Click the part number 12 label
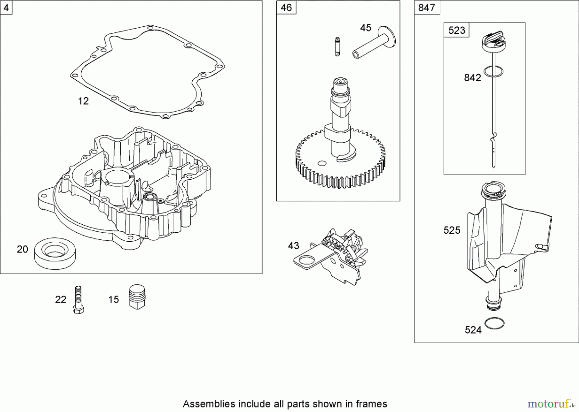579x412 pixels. coord(83,101)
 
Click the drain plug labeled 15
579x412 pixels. coord(137,297)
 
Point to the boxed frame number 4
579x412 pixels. coord(6,7)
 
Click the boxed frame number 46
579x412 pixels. coord(286,7)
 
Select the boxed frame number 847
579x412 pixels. coord(427,7)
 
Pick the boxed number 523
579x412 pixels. coord(456,30)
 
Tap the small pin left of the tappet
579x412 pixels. coord(337,47)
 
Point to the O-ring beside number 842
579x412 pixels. coord(493,72)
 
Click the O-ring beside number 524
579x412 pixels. coord(494,324)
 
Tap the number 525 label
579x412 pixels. coord(452,230)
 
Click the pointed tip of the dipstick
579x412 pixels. coord(493,166)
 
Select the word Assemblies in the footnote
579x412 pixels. coord(205,404)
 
